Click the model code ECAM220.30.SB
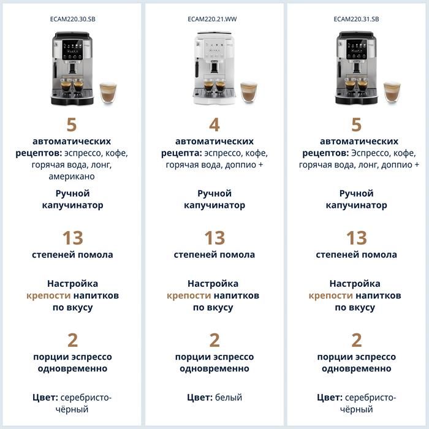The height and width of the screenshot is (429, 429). coord(72,19)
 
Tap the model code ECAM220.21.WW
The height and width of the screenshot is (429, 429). coord(212,19)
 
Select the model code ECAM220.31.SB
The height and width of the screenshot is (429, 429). coord(356,19)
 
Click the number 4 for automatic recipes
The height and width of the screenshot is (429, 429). coord(214,125)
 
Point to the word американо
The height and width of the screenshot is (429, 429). coord(72,177)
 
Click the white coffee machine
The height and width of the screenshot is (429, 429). coord(214,69)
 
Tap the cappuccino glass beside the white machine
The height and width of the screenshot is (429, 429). coord(249,92)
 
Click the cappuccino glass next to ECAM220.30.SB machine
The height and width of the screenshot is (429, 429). coord(108,93)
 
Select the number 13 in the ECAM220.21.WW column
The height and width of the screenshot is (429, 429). coord(214,238)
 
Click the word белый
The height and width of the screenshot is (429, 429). coord(229,397)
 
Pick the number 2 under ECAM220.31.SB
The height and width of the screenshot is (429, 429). coord(357,340)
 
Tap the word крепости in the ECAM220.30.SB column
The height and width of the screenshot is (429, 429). coord(48,295)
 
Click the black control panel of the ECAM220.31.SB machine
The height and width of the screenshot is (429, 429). coord(357,49)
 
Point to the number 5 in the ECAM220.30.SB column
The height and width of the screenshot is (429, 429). coord(72,125)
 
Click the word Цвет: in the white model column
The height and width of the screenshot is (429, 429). coord(200,397)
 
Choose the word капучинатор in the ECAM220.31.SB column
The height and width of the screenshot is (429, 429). coord(356,205)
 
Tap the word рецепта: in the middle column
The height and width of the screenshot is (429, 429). coord(181,153)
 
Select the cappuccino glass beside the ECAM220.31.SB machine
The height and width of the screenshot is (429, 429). coord(392,92)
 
